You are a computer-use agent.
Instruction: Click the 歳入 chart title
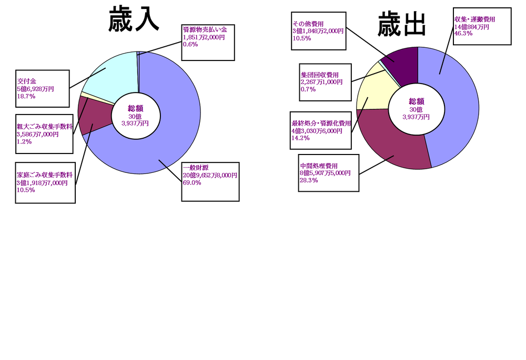pyautogui.click(x=134, y=19)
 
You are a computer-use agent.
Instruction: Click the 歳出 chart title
pyautogui.click(x=401, y=24)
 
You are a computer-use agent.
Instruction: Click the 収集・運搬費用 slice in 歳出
pyautogui.click(x=456, y=107)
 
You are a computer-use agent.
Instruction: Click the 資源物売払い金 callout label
pyautogui.click(x=205, y=29)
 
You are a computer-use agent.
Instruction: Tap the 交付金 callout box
pyautogui.click(x=43, y=88)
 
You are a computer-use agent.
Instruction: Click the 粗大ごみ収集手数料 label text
pyautogui.click(x=45, y=127)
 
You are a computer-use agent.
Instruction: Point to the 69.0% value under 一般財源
pyautogui.click(x=192, y=183)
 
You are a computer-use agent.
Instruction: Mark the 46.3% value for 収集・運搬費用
pyautogui.click(x=463, y=34)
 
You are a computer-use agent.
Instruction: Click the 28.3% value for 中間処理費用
pyautogui.click(x=309, y=180)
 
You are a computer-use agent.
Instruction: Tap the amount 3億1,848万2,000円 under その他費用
pyautogui.click(x=318, y=31)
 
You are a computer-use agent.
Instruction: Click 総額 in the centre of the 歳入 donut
pyautogui.click(x=136, y=108)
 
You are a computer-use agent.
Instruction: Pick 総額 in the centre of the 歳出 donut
pyautogui.click(x=417, y=101)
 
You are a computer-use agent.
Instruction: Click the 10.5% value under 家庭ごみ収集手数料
pyautogui.click(x=26, y=190)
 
